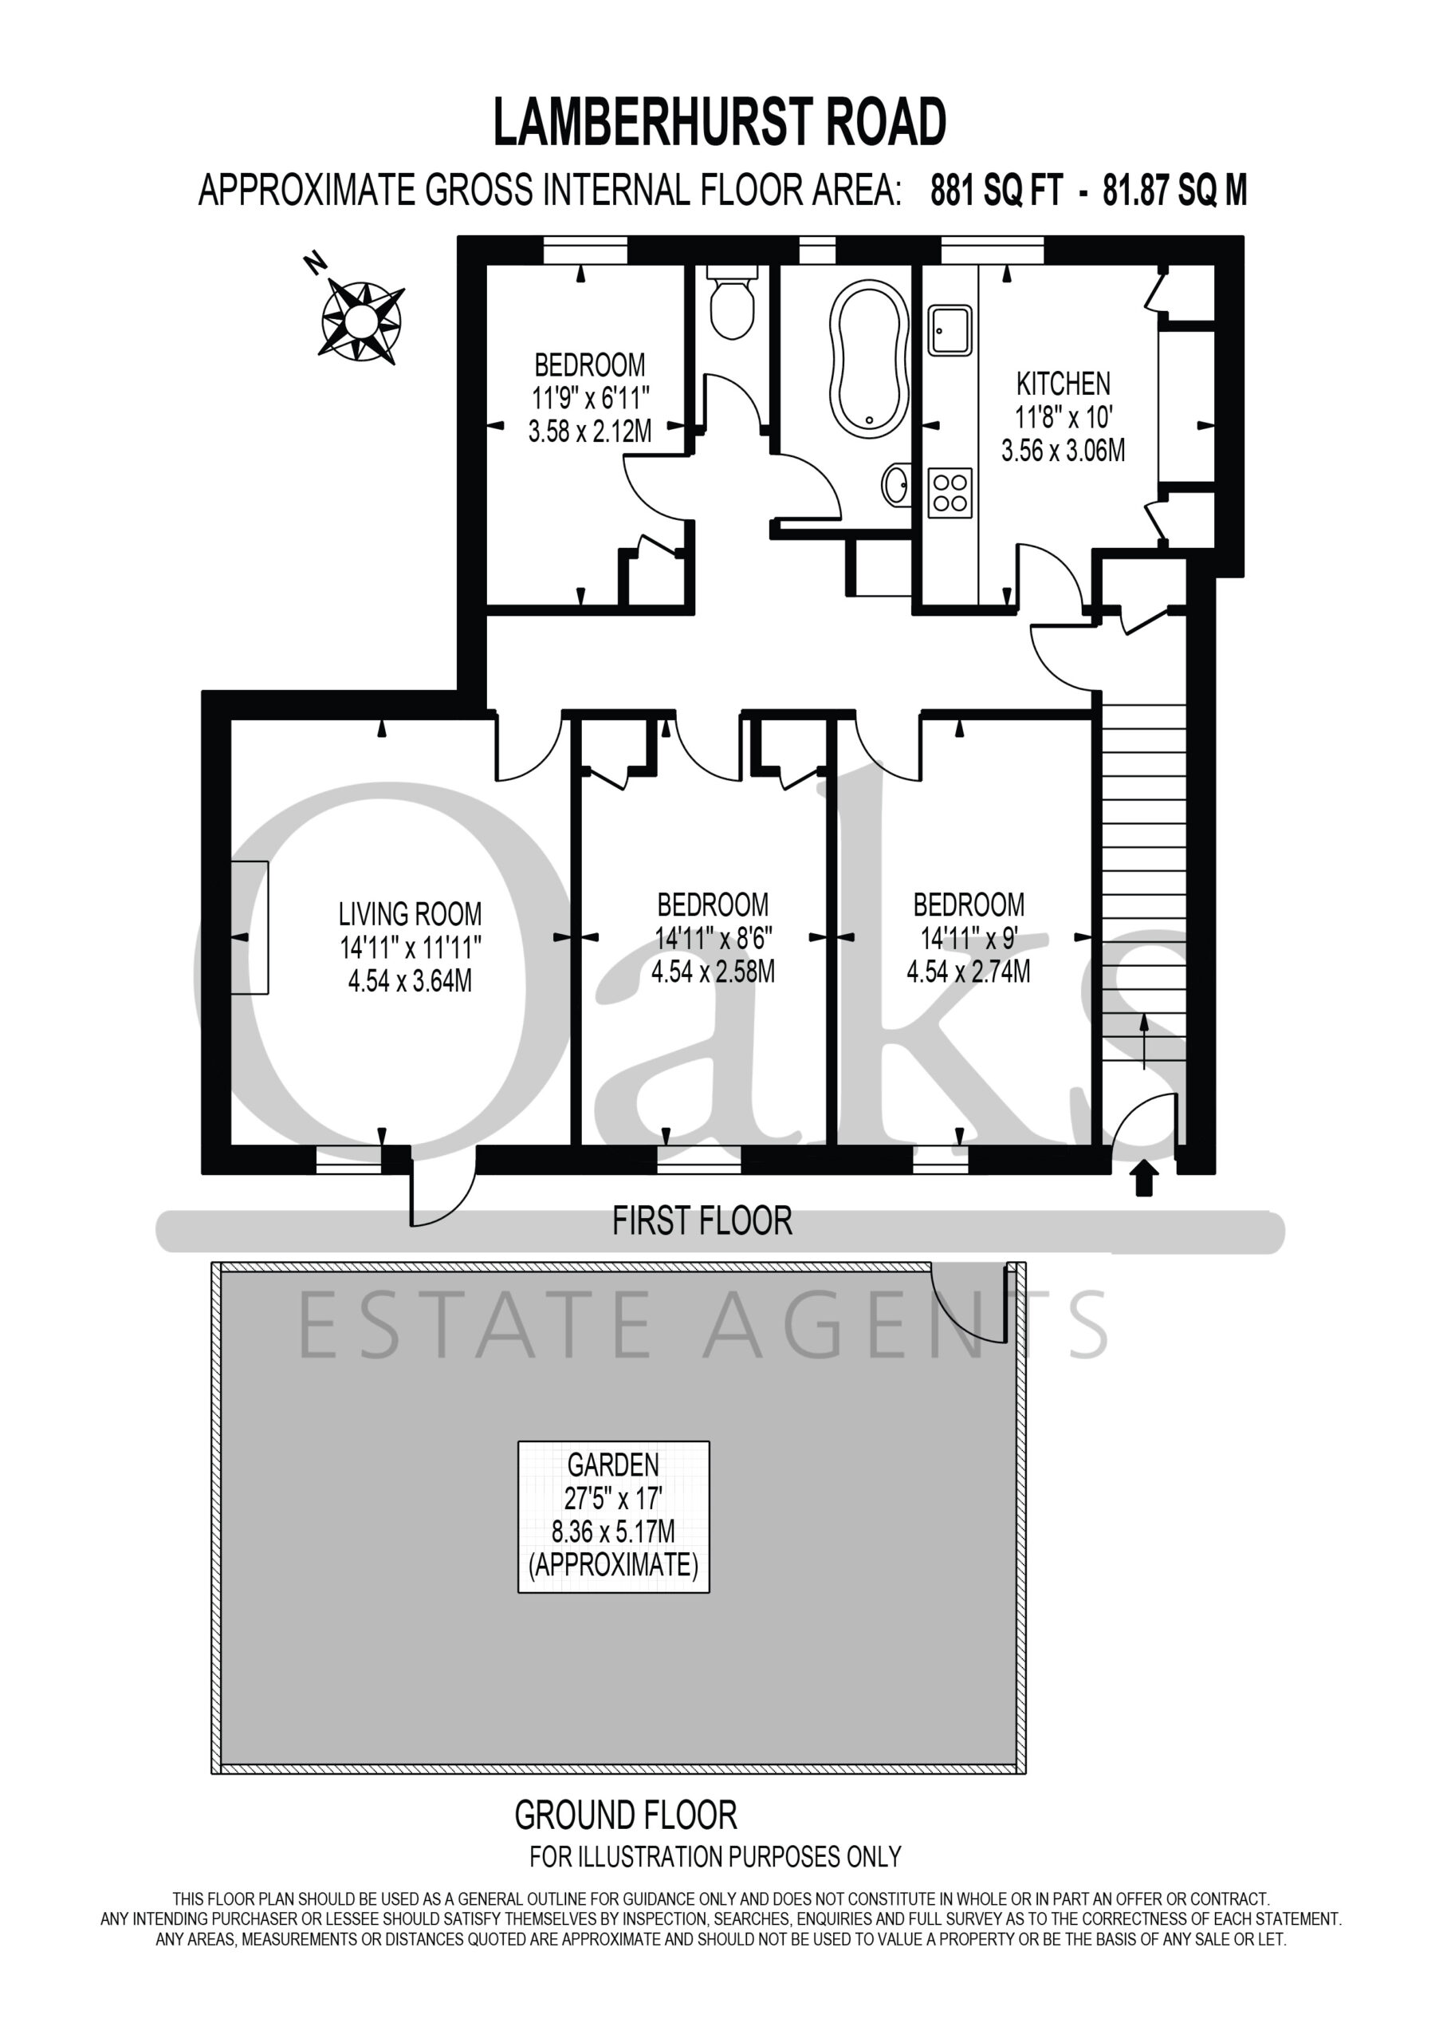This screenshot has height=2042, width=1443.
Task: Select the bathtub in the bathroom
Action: point(869,358)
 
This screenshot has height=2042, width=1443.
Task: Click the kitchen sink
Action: point(950,330)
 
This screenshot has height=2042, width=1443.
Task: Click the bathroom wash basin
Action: point(896,486)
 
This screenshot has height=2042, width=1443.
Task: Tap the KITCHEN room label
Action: point(1064,384)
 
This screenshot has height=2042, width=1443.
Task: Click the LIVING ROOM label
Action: point(410,914)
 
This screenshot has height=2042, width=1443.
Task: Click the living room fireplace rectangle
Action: point(250,928)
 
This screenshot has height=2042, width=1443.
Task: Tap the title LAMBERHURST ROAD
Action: point(720,122)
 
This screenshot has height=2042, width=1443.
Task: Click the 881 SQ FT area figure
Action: point(996,191)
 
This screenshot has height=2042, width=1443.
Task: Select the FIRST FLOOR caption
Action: point(702,1221)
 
